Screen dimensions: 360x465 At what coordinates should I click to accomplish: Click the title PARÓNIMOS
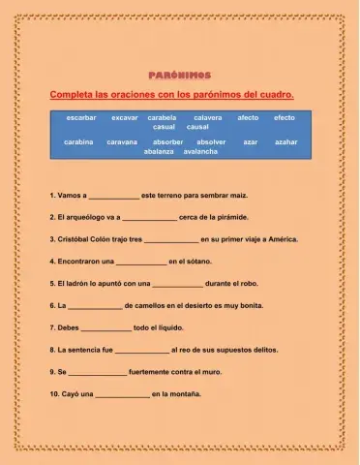point(179,75)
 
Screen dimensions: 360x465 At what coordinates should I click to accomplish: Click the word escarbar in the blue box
point(81,117)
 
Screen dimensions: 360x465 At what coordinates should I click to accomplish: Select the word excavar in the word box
point(124,117)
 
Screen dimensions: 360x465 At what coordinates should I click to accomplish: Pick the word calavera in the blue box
point(208,117)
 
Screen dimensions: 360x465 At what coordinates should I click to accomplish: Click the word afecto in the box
point(248,117)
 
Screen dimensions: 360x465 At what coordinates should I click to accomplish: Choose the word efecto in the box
point(284,117)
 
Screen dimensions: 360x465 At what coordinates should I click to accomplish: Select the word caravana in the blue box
point(122,141)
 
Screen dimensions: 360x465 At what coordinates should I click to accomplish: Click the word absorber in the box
point(167,141)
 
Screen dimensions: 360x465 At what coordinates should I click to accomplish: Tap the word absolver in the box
point(211,141)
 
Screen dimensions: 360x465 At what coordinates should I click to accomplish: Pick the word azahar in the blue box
point(285,141)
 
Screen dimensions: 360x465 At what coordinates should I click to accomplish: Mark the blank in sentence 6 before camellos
point(95,306)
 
